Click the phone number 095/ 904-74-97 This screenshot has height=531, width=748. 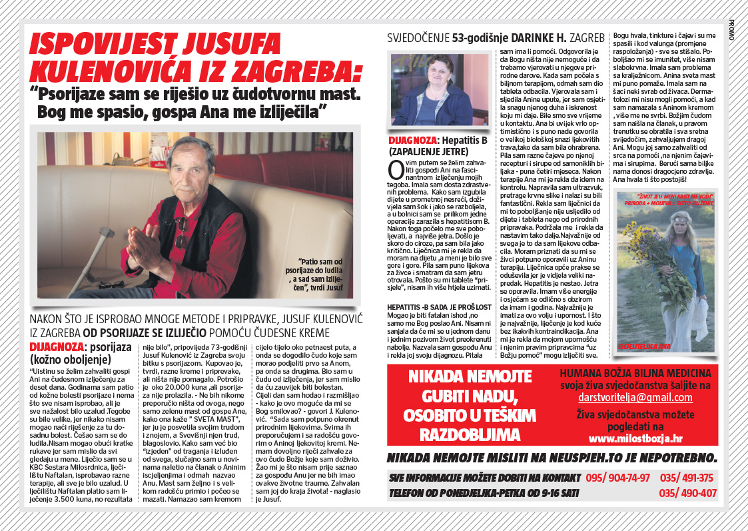tap(618, 478)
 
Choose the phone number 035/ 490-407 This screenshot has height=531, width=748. tap(687, 494)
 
